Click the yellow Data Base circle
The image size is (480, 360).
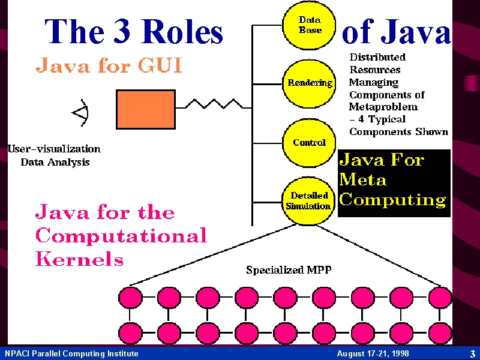(309, 25)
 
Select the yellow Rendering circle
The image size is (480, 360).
(309, 83)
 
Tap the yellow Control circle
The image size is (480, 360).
(309, 143)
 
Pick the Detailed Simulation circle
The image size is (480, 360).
(308, 202)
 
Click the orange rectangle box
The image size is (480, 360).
(146, 109)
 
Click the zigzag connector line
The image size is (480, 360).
(214, 104)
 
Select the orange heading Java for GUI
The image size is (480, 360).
(109, 65)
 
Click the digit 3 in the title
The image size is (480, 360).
(122, 31)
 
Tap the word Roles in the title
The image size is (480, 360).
(182, 31)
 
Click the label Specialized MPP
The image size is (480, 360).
(289, 269)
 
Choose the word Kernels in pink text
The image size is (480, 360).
(80, 259)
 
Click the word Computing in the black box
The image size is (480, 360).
(392, 200)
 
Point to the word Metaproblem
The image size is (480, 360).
(383, 107)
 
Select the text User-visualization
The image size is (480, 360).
(54, 149)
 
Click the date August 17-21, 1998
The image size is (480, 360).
(373, 353)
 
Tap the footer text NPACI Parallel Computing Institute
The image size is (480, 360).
(71, 353)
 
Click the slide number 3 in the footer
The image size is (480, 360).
(473, 354)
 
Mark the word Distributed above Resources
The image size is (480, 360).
(378, 57)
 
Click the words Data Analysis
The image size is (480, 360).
(55, 162)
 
